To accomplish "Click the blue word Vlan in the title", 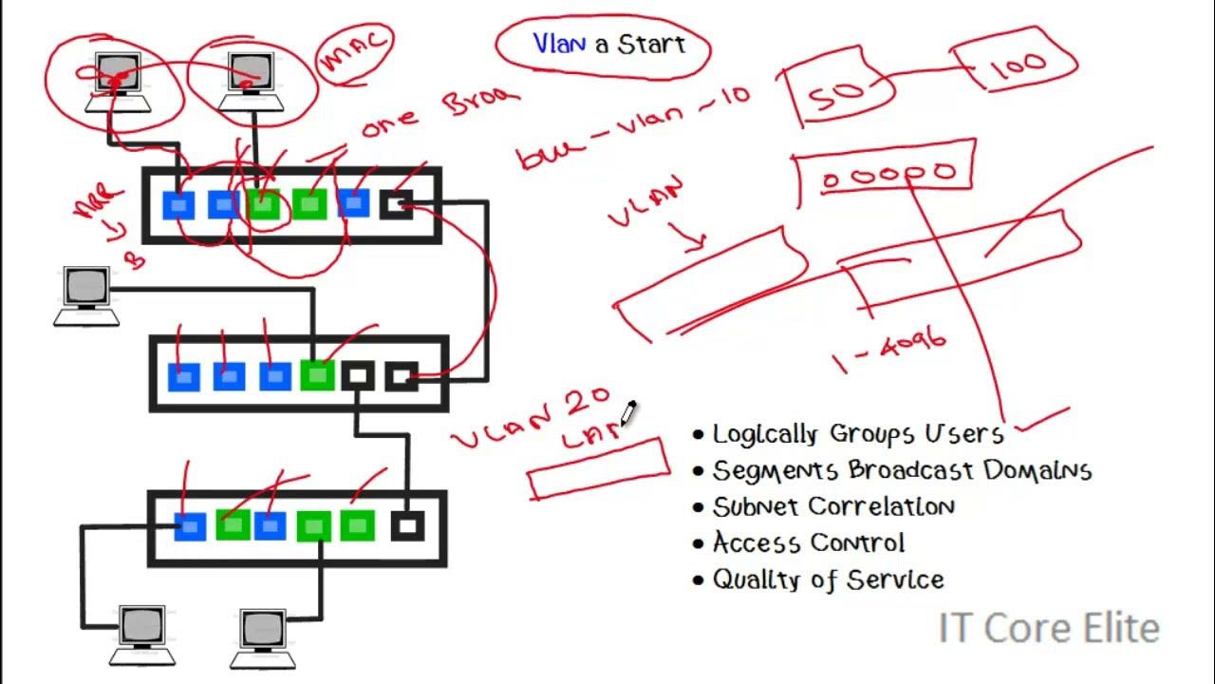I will tap(558, 44).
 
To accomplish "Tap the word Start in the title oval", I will tap(651, 45).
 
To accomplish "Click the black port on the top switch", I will tap(397, 203).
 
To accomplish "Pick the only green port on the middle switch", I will tap(317, 375).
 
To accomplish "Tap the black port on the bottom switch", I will tap(407, 525).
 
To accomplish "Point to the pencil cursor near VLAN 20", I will tap(628, 412).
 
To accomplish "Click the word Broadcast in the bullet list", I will tap(912, 470).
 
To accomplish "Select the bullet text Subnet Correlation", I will tap(833, 506).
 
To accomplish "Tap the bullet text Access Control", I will tap(809, 542).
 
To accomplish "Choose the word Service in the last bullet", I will tap(898, 579).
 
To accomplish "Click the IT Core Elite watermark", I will tap(1048, 628).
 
